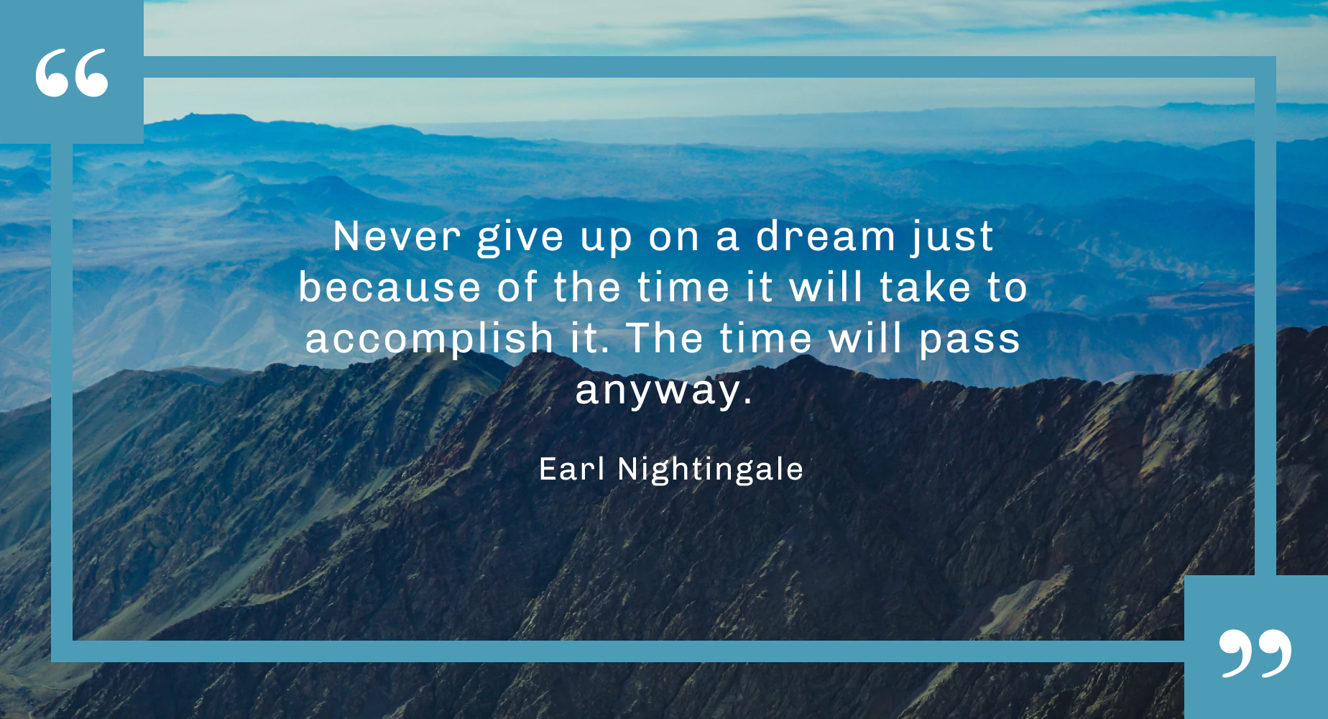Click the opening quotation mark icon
point(72,73)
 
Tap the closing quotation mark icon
point(1255,653)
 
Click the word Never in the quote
point(397,237)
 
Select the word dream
point(825,237)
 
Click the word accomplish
point(429,339)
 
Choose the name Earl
point(572,469)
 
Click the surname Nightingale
point(710,470)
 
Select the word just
point(953,237)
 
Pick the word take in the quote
point(926,288)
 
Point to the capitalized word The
point(665,339)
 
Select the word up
point(607,238)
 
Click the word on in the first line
point(674,238)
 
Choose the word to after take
point(1007,288)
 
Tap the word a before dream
point(727,238)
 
